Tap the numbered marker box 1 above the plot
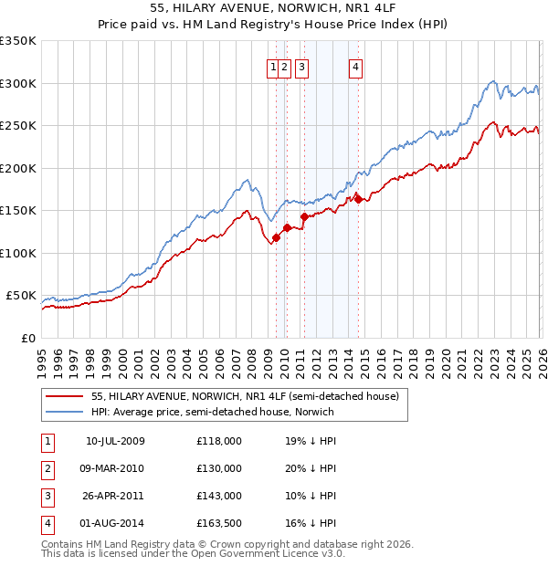pyautogui.click(x=273, y=66)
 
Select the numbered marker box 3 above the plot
pyautogui.click(x=301, y=66)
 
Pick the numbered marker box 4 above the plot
pyautogui.click(x=355, y=66)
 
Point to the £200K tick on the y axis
pyautogui.click(x=18, y=168)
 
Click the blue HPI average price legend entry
pyautogui.click(x=212, y=412)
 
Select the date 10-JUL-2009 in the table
pyautogui.click(x=115, y=442)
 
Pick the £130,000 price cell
pyautogui.click(x=219, y=468)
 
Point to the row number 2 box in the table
pyautogui.click(x=47, y=468)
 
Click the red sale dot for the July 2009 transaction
pyautogui.click(x=276, y=237)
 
